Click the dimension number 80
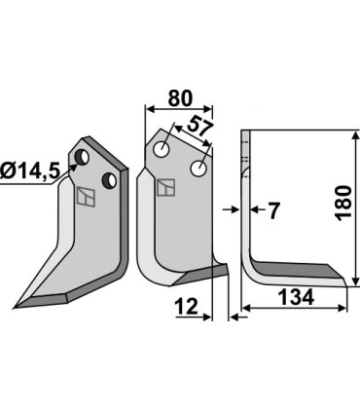(x=180, y=98)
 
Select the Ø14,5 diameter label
(x=30, y=170)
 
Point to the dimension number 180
(x=343, y=204)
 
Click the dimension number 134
(x=296, y=297)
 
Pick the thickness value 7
(x=273, y=211)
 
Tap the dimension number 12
(x=187, y=307)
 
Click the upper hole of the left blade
(x=82, y=157)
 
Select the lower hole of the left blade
(x=109, y=180)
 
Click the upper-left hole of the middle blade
(x=162, y=150)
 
